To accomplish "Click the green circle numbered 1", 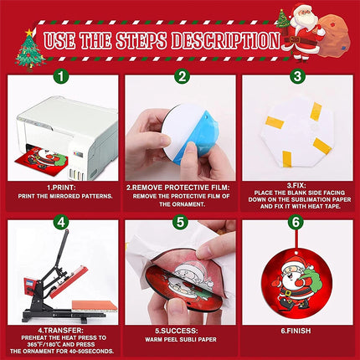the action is (x=61, y=75).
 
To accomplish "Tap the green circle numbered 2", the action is (x=182, y=76).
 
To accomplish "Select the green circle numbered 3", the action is (x=297, y=75).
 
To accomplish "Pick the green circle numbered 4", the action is (x=61, y=222).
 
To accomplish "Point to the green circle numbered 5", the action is (x=180, y=222).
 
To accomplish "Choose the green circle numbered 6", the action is (x=296, y=222).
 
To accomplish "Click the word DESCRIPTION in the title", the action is (x=225, y=41).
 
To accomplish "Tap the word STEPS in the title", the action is (x=141, y=41).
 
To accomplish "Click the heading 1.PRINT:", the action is (x=61, y=188).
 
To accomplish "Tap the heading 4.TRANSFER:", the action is (x=61, y=331).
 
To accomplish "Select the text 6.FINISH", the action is (x=296, y=331).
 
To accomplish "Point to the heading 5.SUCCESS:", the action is (x=177, y=331).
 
